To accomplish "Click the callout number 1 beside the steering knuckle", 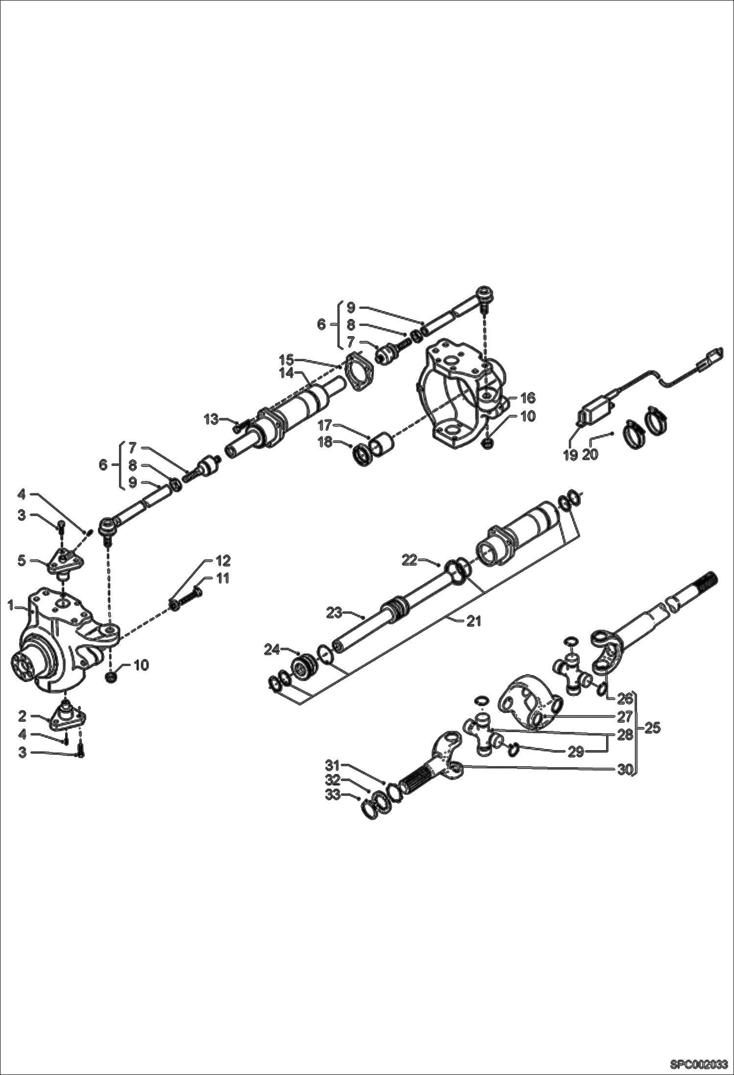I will pyautogui.click(x=11, y=606).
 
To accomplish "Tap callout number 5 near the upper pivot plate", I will pyautogui.click(x=22, y=561).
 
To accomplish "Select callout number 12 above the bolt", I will pyautogui.click(x=223, y=561).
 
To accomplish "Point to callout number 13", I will pyautogui.click(x=211, y=420).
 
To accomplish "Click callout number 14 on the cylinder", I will pyautogui.click(x=287, y=373).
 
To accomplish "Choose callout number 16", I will pyautogui.click(x=528, y=397).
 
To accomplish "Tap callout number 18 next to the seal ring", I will pyautogui.click(x=325, y=442).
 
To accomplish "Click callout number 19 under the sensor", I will pyautogui.click(x=570, y=455).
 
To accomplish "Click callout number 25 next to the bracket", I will pyautogui.click(x=652, y=728).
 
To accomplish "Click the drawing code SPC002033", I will pyautogui.click(x=698, y=1064).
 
